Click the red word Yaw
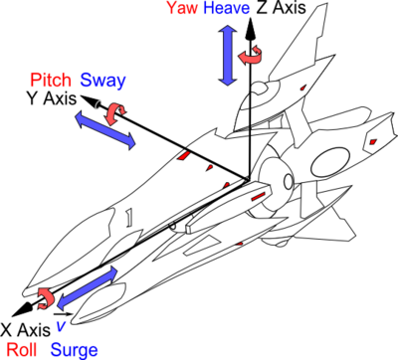coord(181,9)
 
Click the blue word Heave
coord(227,9)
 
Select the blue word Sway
coord(102,80)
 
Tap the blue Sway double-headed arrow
coord(105,130)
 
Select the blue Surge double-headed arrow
coord(88,287)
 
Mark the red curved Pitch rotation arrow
coord(116,113)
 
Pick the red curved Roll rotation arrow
coord(45,296)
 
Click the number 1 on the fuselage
coord(128,217)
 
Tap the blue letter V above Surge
coord(61,325)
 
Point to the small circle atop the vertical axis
coord(262,90)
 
